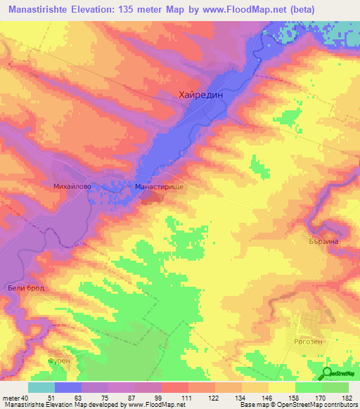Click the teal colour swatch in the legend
pos(41,387)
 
